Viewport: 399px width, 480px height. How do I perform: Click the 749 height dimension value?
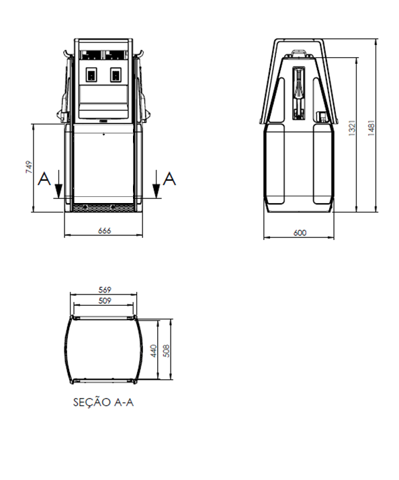coord(29,167)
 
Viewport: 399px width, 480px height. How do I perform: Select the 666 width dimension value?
coord(104,231)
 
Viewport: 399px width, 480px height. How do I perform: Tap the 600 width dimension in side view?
coord(300,233)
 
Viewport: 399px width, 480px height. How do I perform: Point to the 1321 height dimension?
coord(352,128)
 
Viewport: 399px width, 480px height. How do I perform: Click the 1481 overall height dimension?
coord(371,128)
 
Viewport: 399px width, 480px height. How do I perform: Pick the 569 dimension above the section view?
coord(105,290)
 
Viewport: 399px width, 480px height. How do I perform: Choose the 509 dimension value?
coord(105,301)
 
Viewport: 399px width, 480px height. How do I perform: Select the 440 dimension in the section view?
coord(154,351)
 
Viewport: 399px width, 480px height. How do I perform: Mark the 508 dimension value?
coord(167,351)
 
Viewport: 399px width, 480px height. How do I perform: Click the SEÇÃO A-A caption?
coord(103,402)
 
